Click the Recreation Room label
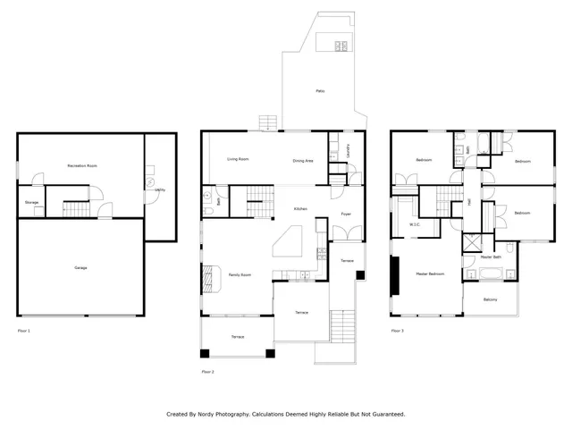(82, 166)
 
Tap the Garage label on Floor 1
(80, 267)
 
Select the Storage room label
(31, 203)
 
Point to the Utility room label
(159, 190)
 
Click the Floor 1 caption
(24, 331)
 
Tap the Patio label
(319, 91)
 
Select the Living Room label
(237, 159)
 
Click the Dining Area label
(303, 161)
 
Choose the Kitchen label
(301, 209)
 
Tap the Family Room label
(239, 274)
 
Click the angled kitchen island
(290, 240)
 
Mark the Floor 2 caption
(208, 371)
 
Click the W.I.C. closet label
(415, 224)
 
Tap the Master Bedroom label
(430, 273)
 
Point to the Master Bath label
(491, 257)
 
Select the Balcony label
(491, 299)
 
